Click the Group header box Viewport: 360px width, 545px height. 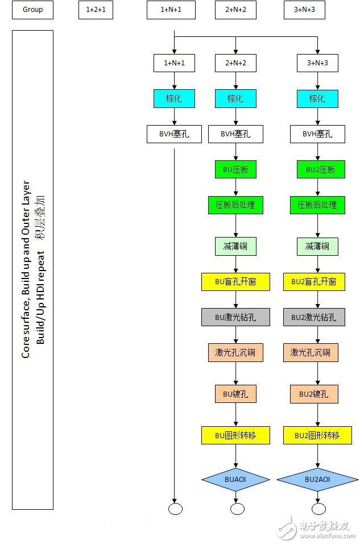click(32, 10)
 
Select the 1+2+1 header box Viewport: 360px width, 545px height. click(96, 10)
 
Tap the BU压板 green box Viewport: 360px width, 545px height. click(235, 169)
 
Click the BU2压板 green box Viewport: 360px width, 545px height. click(321, 169)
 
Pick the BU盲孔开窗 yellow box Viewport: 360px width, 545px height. click(235, 282)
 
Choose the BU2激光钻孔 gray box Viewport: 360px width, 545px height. click(314, 317)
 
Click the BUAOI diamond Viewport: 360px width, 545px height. click(235, 479)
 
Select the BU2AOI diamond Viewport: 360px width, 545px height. click(317, 479)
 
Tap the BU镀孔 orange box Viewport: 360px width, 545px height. click(235, 394)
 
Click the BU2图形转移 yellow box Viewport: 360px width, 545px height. click(317, 435)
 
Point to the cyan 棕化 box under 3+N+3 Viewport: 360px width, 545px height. click(317, 99)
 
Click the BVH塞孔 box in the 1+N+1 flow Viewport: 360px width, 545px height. click(174, 134)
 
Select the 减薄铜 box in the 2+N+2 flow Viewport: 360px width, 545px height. click(235, 247)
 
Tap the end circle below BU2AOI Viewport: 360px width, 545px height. click(318, 509)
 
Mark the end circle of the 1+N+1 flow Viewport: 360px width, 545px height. click(175, 509)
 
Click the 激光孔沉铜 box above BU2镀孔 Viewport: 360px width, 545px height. click(311, 352)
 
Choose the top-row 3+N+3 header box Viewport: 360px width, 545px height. click(304, 10)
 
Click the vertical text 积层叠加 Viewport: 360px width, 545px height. click(40, 218)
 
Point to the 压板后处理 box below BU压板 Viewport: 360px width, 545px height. click(235, 205)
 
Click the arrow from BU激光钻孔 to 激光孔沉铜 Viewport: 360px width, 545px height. click(236, 335)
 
